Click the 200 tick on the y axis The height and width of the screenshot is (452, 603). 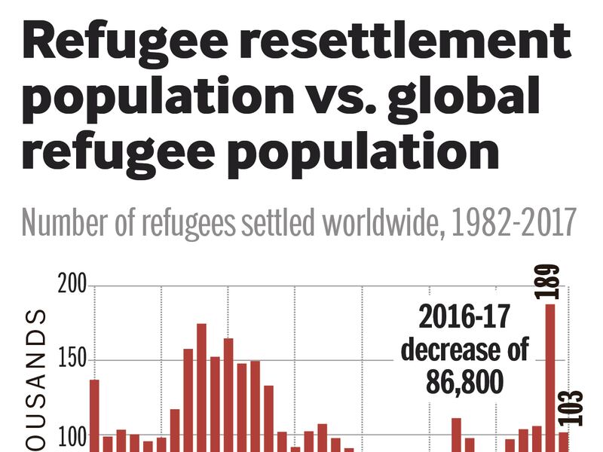pyautogui.click(x=72, y=286)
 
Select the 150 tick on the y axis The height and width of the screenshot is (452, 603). pyautogui.click(x=72, y=360)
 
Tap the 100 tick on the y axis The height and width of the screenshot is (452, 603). pyautogui.click(x=72, y=435)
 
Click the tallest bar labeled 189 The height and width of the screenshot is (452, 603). pyautogui.click(x=550, y=377)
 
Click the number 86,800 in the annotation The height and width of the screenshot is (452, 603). pyautogui.click(x=464, y=383)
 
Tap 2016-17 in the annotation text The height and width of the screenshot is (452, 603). pyautogui.click(x=464, y=317)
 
